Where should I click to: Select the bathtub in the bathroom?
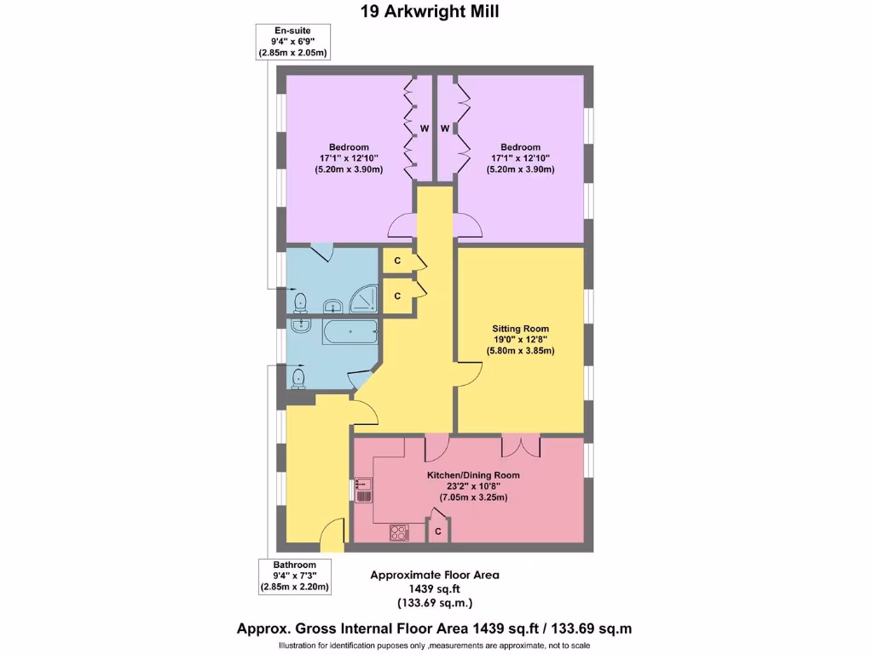point(350,333)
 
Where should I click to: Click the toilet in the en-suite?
point(298,302)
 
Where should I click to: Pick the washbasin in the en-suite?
point(332,306)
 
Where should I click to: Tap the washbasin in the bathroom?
point(300,324)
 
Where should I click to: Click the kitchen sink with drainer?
point(362,491)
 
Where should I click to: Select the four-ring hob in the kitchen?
point(399,532)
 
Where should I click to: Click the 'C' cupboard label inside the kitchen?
point(438,531)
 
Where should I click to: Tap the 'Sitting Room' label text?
point(520,329)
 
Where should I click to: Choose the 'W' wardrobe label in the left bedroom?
point(423,129)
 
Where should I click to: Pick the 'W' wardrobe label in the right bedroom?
point(445,129)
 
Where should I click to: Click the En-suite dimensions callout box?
point(292,42)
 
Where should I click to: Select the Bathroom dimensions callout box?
point(294,577)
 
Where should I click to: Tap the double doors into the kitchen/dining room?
point(520,445)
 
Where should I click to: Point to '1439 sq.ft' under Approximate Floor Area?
point(435,589)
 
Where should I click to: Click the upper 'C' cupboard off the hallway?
point(397,261)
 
